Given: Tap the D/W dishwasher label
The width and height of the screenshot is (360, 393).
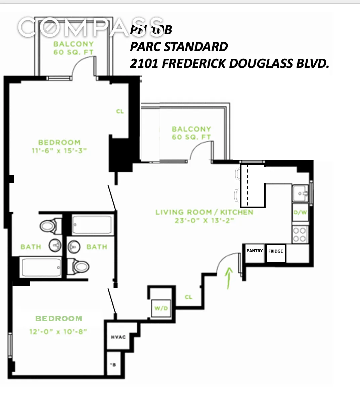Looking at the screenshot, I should coord(300,212).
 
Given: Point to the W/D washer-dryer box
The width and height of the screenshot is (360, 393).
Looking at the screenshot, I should coord(161,308).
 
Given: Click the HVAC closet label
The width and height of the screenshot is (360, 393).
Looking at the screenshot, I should coord(118,337).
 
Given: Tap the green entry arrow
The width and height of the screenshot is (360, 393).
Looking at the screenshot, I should coord(229,277).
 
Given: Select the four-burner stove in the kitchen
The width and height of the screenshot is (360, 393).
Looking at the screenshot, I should coord(300,234).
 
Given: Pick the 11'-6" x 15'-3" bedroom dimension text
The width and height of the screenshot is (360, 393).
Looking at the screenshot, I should coord(59,151).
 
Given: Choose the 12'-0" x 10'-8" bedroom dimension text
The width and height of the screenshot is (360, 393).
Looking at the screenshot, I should coord(58,332).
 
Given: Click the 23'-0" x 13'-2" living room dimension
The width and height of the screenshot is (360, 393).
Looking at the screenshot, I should coord(204,221).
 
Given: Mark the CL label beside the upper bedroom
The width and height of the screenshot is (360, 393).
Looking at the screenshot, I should coord(120,112).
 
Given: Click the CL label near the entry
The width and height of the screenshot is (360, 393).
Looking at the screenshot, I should coord(188,297).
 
